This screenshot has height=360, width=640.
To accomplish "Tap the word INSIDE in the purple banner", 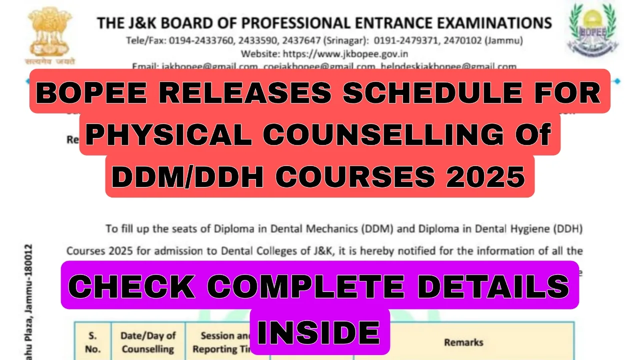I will [x=320, y=332].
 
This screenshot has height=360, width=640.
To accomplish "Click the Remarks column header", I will [x=463, y=342].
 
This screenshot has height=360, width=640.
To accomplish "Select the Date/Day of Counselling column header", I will [x=148, y=342].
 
